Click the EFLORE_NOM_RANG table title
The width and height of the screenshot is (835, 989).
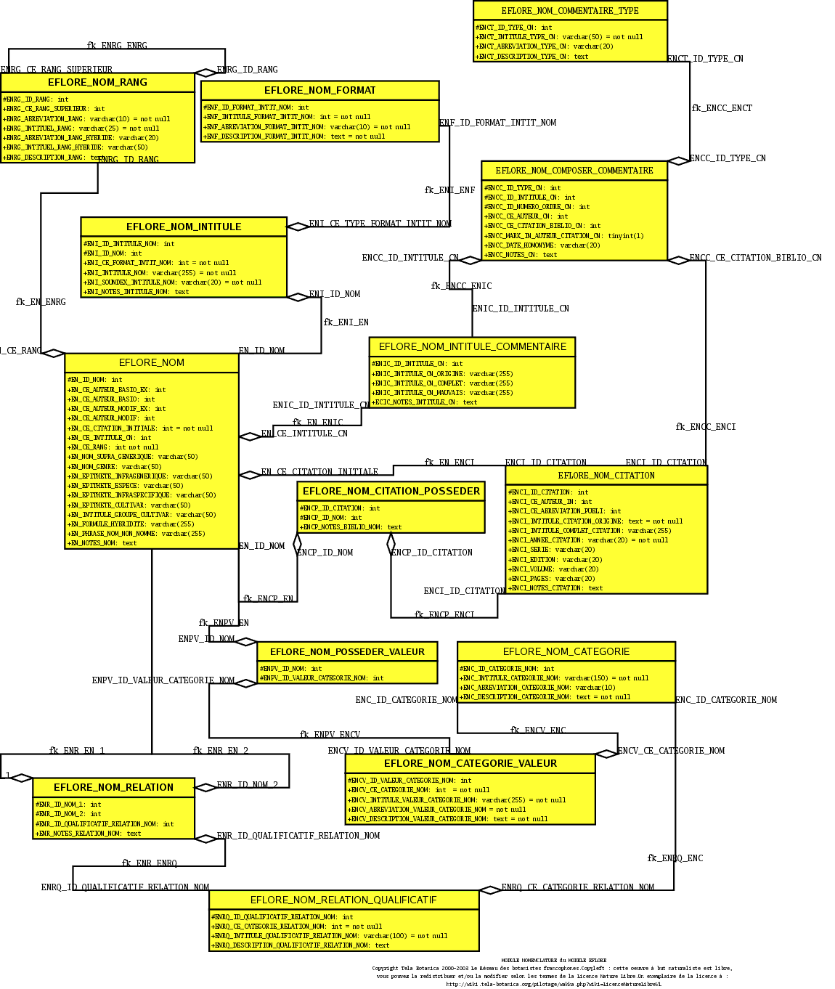pyautogui.click(x=97, y=82)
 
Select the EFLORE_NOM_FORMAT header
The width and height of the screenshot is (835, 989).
pyautogui.click(x=319, y=90)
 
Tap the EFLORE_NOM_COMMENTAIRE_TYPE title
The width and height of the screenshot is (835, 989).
pyautogui.click(x=570, y=10)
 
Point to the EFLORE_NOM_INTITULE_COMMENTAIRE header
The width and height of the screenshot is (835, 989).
pyautogui.click(x=472, y=346)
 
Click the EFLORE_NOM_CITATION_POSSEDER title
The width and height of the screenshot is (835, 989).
pyautogui.click(x=391, y=491)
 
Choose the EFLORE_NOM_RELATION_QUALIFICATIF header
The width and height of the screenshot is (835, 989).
pyautogui.click(x=343, y=900)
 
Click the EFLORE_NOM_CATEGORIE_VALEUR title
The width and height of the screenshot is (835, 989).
pyautogui.click(x=470, y=763)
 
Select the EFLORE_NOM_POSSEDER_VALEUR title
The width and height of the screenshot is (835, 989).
pyautogui.click(x=347, y=651)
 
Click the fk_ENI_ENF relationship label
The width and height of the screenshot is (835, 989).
pyautogui.click(x=449, y=190)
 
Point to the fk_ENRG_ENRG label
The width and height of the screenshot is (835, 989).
pyautogui.click(x=117, y=46)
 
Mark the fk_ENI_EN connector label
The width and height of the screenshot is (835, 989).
pyautogui.click(x=346, y=322)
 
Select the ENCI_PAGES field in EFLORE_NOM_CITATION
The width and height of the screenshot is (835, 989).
pyautogui.click(x=553, y=579)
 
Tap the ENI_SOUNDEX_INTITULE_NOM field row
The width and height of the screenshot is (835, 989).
pyautogui.click(x=173, y=282)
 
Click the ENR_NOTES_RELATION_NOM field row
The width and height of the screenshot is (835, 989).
pyautogui.click(x=89, y=834)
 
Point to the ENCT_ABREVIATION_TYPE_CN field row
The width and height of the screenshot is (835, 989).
pyautogui.click(x=545, y=46)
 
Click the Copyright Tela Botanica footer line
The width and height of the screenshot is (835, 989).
pyautogui.click(x=552, y=968)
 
